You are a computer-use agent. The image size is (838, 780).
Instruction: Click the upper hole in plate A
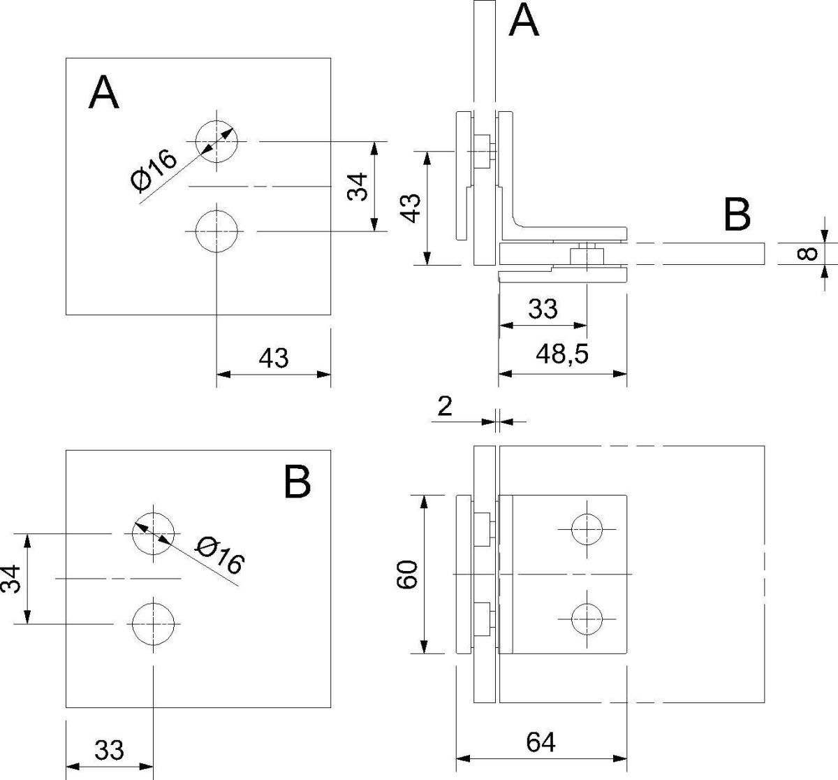pyautogui.click(x=216, y=140)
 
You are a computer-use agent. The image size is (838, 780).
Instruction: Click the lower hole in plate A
pyautogui.click(x=216, y=231)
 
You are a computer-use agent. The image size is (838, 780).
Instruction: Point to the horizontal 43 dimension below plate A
pyautogui.click(x=273, y=358)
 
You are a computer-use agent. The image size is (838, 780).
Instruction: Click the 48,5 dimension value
pyautogui.click(x=562, y=355)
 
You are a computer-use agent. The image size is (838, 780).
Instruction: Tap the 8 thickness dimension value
pyautogui.click(x=807, y=252)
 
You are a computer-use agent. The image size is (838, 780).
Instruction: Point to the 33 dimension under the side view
pyautogui.click(x=543, y=308)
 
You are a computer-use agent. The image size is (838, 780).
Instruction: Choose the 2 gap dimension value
pyautogui.click(x=445, y=406)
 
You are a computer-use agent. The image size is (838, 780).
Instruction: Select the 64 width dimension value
pyautogui.click(x=541, y=742)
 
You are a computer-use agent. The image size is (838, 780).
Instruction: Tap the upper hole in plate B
pyautogui.click(x=153, y=533)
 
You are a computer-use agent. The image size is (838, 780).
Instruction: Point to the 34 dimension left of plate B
pyautogui.click(x=10, y=579)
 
